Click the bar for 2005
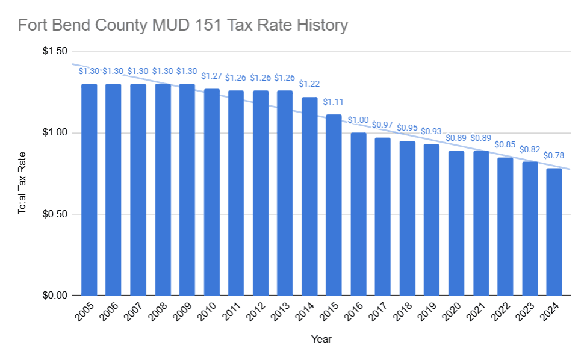click(x=89, y=190)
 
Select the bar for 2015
click(x=334, y=205)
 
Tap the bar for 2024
click(x=554, y=232)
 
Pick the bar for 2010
click(x=211, y=192)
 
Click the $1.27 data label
click(x=211, y=76)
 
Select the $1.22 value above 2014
click(x=309, y=84)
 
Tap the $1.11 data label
click(x=334, y=102)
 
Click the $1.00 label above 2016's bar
click(x=358, y=120)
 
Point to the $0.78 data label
click(x=554, y=155)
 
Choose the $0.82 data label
click(x=530, y=149)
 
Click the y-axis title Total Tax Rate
click(x=22, y=182)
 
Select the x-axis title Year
click(x=321, y=339)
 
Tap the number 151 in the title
click(x=203, y=26)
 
